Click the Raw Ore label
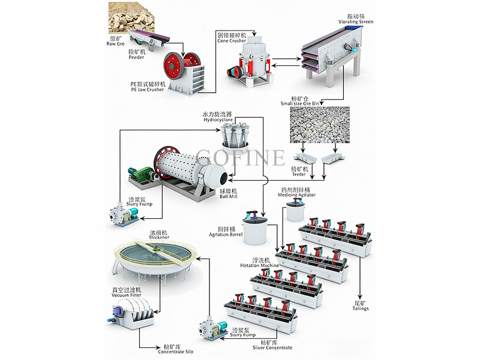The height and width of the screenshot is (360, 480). point(116,41)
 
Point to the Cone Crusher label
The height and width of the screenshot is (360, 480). point(232,38)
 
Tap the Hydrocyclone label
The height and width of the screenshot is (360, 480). point(217,116)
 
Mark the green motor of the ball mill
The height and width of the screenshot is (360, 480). point(142,176)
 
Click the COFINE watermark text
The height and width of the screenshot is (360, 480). point(240,157)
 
